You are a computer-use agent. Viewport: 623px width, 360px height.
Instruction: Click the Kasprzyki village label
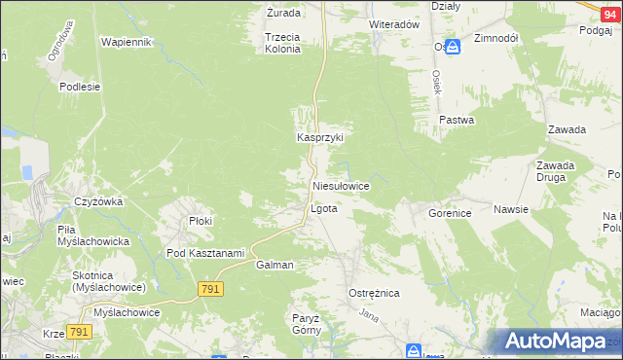(320, 138)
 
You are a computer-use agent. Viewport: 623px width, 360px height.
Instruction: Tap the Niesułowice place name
(340, 185)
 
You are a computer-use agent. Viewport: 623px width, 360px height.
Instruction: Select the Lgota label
(323, 209)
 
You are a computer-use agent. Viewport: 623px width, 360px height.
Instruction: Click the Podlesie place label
(80, 87)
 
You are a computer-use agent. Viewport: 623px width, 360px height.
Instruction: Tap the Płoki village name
(201, 222)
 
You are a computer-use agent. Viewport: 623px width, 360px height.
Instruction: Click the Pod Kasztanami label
(204, 253)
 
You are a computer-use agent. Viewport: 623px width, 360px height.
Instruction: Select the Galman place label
(275, 265)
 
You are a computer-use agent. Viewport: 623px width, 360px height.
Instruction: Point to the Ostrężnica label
(374, 293)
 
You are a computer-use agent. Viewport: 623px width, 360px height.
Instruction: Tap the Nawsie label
(510, 209)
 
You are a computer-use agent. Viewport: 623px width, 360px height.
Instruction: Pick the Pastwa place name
(456, 121)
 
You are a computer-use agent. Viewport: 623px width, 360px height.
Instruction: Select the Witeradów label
(393, 23)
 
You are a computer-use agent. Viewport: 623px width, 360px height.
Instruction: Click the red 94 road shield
(609, 6)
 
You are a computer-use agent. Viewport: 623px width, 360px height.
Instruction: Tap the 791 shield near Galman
(210, 289)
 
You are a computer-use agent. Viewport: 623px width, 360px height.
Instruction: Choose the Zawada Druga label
(555, 171)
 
